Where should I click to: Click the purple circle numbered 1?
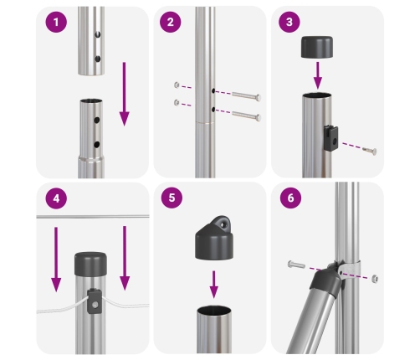(56, 22)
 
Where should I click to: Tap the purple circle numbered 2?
(171, 22)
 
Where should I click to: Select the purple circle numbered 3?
(289, 22)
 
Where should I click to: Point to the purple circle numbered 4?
(56, 198)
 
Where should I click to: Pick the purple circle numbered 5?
(172, 198)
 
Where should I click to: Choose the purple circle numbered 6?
(290, 198)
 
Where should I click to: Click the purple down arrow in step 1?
(124, 94)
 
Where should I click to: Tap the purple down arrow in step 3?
(318, 75)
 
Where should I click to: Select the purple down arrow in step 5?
(214, 285)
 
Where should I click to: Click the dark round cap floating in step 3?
(317, 47)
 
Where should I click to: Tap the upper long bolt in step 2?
(246, 96)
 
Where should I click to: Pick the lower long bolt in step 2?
(246, 116)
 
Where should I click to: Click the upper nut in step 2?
(177, 85)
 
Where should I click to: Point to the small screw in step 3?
(370, 151)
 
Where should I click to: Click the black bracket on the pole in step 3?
(331, 138)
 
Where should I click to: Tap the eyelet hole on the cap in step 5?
(223, 224)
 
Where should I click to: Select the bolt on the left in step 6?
(296, 265)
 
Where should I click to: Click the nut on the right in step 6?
(375, 278)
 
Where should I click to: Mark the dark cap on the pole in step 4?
(90, 264)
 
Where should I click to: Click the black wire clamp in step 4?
(95, 301)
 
